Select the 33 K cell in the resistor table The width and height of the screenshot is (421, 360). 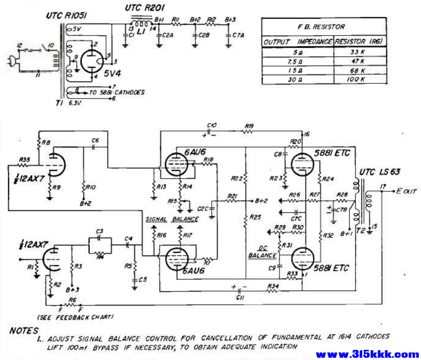tap(360, 52)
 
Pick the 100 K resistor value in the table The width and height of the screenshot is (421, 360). tap(360, 79)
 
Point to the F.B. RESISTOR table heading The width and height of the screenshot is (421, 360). tap(324, 27)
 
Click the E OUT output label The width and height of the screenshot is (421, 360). tap(406, 192)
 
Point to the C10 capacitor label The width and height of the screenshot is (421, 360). tap(211, 125)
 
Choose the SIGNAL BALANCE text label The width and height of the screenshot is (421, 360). tap(172, 219)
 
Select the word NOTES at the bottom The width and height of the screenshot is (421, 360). tap(24, 331)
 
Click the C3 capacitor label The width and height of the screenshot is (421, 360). tap(100, 231)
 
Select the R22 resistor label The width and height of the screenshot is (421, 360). tap(239, 178)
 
